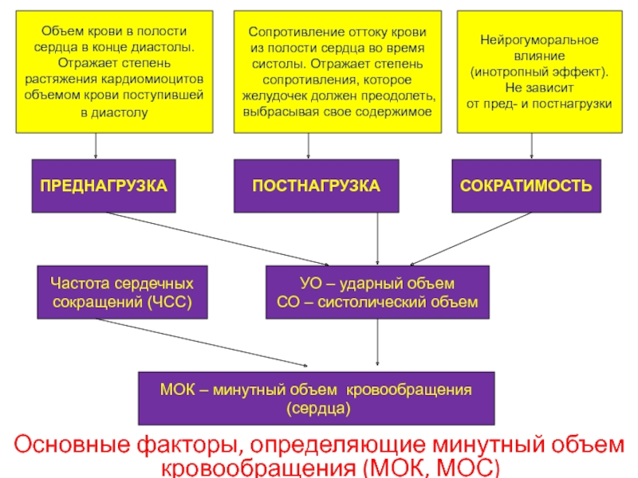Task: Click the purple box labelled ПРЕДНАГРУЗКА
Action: pyautogui.click(x=104, y=186)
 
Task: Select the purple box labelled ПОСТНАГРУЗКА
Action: pyautogui.click(x=316, y=186)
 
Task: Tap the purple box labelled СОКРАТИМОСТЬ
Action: pyautogui.click(x=526, y=186)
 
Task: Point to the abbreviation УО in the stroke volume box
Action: pyautogui.click(x=310, y=284)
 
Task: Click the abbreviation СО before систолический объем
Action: pyautogui.click(x=288, y=302)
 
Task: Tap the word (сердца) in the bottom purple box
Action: pyautogui.click(x=318, y=408)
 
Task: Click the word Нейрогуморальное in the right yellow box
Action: pyautogui.click(x=539, y=40)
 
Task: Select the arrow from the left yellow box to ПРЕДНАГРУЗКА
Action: pyautogui.click(x=96, y=146)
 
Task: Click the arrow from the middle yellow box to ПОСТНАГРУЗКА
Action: pyautogui.click(x=308, y=146)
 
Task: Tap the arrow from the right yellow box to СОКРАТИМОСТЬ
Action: pyautogui.click(x=531, y=146)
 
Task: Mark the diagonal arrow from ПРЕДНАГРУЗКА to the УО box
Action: pyautogui.click(x=218, y=239)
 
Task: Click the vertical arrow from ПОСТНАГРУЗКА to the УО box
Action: pyautogui.click(x=377, y=239)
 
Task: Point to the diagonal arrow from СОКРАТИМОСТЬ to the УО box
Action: pyautogui.click(x=471, y=239)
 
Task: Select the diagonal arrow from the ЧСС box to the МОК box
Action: pyautogui.click(x=202, y=343)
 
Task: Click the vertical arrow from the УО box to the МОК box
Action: pyautogui.click(x=377, y=343)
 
